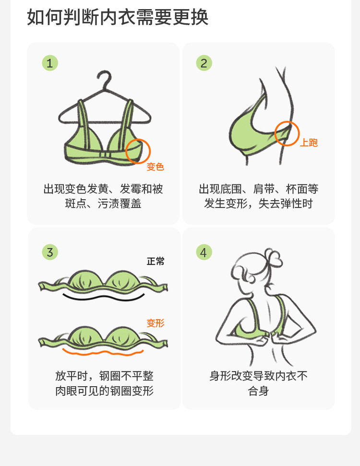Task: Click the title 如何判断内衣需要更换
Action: (118, 17)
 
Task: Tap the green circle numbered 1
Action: (50, 63)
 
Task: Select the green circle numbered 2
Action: (204, 63)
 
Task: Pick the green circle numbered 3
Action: (50, 252)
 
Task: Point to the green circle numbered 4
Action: (204, 252)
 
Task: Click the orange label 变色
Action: (156, 167)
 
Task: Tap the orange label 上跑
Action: (309, 143)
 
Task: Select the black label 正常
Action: (156, 261)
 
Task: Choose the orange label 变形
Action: (156, 323)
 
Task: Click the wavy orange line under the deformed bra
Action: (103, 353)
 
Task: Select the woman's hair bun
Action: (273, 258)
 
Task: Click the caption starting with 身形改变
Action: (258, 383)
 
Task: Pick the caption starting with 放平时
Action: (104, 383)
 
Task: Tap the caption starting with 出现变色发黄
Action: (103, 196)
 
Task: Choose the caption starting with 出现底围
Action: (258, 196)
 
